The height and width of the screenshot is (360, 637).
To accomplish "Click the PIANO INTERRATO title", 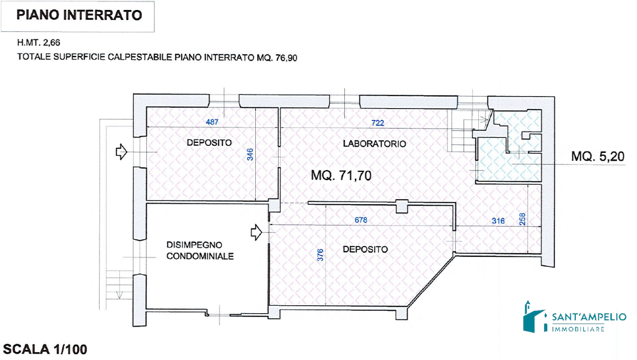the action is [79, 15].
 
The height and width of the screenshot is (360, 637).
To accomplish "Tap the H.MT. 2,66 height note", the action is [39, 43].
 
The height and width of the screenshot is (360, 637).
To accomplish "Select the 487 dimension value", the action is [212, 122].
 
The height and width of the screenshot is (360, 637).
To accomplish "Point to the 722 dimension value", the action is [378, 123].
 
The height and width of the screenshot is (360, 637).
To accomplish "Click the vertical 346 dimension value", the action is [250, 154].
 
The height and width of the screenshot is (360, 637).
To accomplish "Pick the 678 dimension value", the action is [361, 220].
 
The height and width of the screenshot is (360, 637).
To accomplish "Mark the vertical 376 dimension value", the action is [320, 255].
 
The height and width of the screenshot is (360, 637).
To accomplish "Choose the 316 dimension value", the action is [498, 221].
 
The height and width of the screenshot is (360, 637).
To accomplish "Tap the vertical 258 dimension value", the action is [523, 220].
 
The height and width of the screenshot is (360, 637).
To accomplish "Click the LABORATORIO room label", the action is [375, 144].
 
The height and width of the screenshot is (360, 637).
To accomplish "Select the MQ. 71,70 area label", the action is [341, 175].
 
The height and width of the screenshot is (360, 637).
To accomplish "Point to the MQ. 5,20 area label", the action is [598, 156].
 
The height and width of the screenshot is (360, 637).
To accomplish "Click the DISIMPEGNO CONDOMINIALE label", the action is [200, 251].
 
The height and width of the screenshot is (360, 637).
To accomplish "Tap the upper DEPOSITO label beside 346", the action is [210, 142].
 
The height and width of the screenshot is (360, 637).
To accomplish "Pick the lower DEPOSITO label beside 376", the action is [365, 249].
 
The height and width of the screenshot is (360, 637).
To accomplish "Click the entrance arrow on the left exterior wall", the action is [121, 152].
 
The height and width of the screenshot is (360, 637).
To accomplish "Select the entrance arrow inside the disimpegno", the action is [256, 232].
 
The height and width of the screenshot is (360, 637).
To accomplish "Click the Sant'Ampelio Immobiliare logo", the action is [574, 317].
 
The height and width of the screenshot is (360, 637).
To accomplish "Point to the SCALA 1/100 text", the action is [45, 350].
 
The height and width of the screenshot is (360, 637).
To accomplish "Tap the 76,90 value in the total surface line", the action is [286, 58].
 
